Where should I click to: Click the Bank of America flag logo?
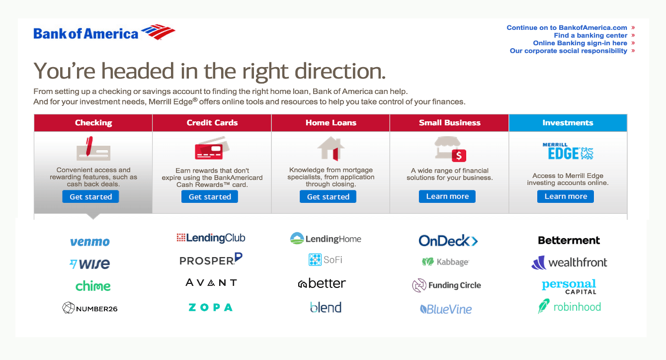click(158, 32)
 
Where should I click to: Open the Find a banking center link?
click(590, 35)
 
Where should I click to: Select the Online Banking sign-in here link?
click(580, 43)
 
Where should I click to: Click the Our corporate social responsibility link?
click(569, 51)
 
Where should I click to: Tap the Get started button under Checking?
click(90, 197)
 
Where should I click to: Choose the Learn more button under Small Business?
click(447, 196)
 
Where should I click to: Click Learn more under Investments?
click(566, 196)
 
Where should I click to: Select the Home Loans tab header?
click(331, 123)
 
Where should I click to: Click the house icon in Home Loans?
click(331, 149)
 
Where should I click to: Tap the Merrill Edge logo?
click(568, 151)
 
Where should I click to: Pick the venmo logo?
click(90, 242)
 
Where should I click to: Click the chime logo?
click(93, 286)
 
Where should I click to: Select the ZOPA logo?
click(211, 307)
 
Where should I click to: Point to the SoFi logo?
click(325, 260)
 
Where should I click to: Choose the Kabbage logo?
click(445, 262)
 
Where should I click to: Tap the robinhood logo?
click(570, 306)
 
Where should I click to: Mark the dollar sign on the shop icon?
click(459, 156)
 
